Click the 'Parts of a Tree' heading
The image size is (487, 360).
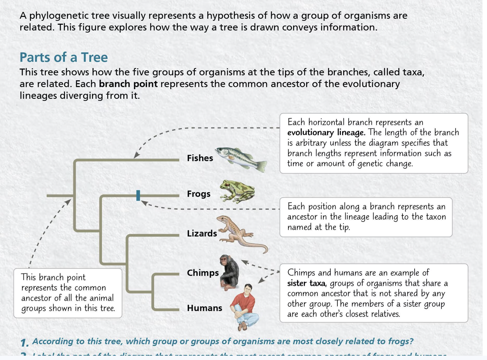click(x=64, y=57)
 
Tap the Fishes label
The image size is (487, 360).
click(x=200, y=158)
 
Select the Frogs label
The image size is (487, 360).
click(x=199, y=194)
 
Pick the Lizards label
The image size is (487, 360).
click(x=202, y=234)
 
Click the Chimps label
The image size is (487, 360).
click(x=202, y=273)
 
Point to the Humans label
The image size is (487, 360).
click(x=204, y=308)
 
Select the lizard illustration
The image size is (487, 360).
click(x=239, y=234)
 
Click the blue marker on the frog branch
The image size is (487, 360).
click(x=138, y=195)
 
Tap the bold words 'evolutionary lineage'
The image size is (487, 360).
click(x=326, y=132)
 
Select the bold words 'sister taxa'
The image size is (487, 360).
click(x=306, y=283)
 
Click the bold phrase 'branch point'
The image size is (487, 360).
click(x=128, y=84)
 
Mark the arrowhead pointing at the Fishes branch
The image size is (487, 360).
click(x=136, y=155)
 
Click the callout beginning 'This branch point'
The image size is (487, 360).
click(x=68, y=293)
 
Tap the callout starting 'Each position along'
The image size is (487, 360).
click(x=366, y=217)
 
